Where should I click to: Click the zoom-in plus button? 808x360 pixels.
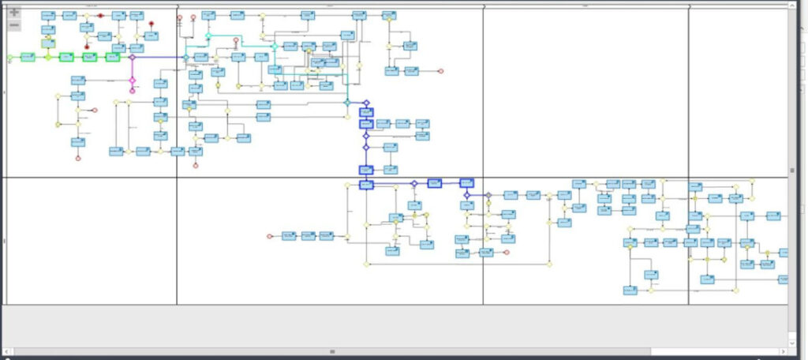[13, 13]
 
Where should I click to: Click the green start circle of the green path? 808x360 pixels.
[10, 58]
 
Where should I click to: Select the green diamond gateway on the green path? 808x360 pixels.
[47, 58]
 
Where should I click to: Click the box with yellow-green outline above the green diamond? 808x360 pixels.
[48, 44]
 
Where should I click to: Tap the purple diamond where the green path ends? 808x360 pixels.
[133, 58]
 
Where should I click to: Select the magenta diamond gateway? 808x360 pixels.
[133, 81]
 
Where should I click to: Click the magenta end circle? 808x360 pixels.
[133, 91]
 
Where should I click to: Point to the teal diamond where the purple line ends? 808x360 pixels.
[186, 58]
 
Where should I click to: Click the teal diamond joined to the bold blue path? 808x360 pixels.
[347, 103]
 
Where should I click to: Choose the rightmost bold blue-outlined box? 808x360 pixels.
[466, 183]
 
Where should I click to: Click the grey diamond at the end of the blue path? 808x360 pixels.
[488, 195]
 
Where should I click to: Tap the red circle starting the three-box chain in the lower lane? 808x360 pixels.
[270, 235]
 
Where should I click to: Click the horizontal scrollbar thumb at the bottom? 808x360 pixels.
[332, 351]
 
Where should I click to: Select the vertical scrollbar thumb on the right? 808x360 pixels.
[792, 170]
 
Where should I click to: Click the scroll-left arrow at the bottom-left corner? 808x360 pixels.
[6, 351]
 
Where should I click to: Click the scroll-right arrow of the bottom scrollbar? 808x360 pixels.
[783, 351]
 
